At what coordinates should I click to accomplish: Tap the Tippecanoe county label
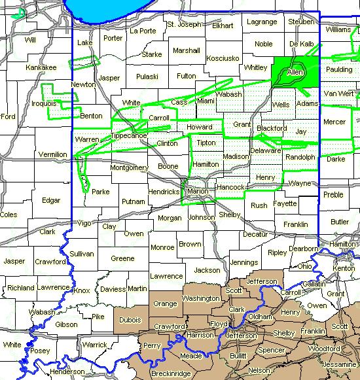click(x=129, y=135)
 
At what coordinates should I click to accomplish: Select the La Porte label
click(x=142, y=31)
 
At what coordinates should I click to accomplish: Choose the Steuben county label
click(x=301, y=22)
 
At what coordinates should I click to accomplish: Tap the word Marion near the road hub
click(x=197, y=192)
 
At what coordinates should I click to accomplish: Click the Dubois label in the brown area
click(x=130, y=320)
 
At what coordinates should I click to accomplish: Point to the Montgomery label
click(x=129, y=167)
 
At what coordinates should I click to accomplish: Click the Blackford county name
click(x=272, y=128)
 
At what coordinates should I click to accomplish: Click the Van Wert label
click(x=338, y=94)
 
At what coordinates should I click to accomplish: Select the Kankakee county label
click(x=41, y=67)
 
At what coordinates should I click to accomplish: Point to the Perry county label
click(x=151, y=345)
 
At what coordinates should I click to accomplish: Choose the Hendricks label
click(x=164, y=192)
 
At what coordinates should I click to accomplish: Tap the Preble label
click(x=333, y=195)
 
